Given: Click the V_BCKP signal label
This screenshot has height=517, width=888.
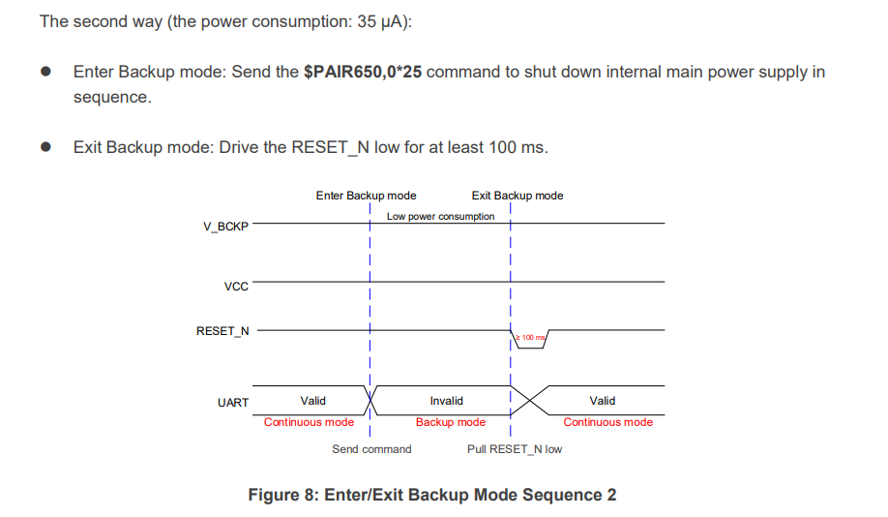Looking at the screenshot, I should (x=225, y=227).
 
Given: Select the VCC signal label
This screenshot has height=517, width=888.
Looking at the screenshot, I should (x=235, y=287).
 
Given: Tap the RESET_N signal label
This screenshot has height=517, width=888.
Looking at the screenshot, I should (x=222, y=331).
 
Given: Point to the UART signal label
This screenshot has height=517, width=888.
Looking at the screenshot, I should (x=233, y=403).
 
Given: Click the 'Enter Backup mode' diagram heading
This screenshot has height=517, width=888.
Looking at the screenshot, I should (x=366, y=196).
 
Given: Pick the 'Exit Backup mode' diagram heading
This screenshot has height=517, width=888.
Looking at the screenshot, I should (x=517, y=196).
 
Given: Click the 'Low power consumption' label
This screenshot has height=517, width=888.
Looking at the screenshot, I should (x=440, y=216).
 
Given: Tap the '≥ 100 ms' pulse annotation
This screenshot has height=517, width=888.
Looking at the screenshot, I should (x=530, y=337).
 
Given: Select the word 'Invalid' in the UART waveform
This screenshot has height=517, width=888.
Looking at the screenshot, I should (x=446, y=401).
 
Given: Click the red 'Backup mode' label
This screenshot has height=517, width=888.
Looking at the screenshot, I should (x=450, y=422).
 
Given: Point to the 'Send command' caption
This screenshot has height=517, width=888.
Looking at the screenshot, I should (x=371, y=449).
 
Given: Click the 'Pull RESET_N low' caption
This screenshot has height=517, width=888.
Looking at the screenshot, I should (x=514, y=449).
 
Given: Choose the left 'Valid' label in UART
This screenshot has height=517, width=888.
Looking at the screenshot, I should (x=312, y=401).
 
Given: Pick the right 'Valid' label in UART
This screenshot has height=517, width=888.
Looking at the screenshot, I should (x=602, y=401).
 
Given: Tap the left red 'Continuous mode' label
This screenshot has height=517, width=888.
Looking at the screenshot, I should (x=309, y=422).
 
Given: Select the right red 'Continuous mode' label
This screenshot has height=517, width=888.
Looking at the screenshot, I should (x=607, y=422).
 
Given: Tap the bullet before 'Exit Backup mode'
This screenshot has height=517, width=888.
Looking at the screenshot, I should (x=45, y=148).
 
